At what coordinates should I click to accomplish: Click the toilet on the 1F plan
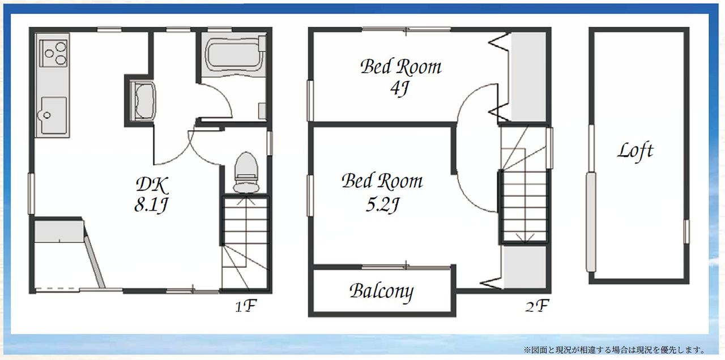tap(246, 173)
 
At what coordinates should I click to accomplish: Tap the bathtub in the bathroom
tap(234, 55)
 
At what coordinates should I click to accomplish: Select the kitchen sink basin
tap(54, 115)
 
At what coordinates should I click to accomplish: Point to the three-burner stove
tap(53, 53)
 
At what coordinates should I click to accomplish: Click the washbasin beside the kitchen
tap(142, 101)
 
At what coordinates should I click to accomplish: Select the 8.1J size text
tap(151, 205)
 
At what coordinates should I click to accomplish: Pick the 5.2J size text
tap(382, 205)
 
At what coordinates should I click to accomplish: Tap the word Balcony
tap(382, 292)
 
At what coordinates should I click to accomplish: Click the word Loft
tap(636, 151)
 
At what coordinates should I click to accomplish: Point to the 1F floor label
tap(246, 306)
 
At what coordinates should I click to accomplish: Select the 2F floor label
tap(537, 306)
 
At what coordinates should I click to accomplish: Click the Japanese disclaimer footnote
tap(614, 350)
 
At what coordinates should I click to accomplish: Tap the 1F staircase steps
tap(245, 243)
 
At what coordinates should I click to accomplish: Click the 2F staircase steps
tap(524, 185)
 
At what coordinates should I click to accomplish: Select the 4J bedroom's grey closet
tap(528, 77)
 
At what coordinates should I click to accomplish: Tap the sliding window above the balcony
tap(406, 267)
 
